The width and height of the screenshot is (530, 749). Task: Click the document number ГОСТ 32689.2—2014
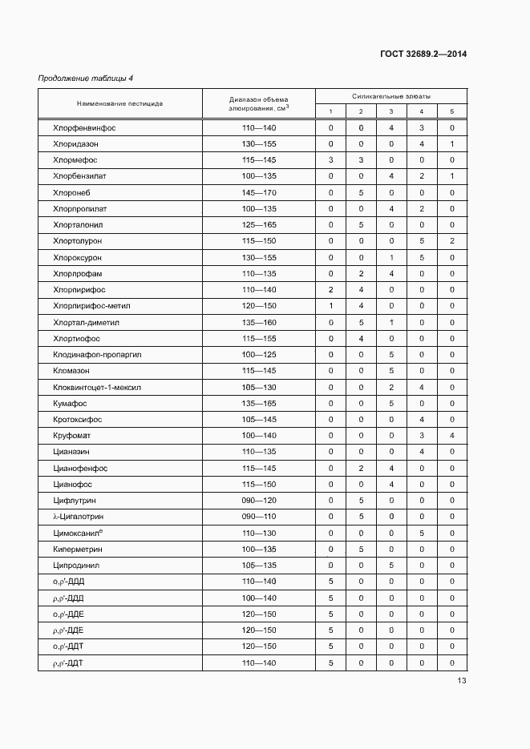pos(423,54)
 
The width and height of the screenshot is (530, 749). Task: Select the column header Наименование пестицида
pos(119,103)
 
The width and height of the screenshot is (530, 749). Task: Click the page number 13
pos(461,681)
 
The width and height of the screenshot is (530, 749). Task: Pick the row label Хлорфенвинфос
pos(79,128)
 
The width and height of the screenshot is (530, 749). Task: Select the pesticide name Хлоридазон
pos(75,144)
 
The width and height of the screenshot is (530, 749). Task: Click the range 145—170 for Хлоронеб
pos(258,192)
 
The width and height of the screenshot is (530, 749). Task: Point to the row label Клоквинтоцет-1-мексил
pos(97,387)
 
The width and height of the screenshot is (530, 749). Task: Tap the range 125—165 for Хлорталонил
pos(258,225)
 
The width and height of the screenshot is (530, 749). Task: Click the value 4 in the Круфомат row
pos(451,435)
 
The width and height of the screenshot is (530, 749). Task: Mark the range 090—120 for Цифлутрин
pos(258,501)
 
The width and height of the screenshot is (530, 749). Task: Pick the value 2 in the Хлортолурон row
pos(451,241)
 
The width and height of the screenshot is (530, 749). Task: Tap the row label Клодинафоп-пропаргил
pos(96,354)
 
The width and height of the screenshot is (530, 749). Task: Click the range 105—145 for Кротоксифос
pos(258,419)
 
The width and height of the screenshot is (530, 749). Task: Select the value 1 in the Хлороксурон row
pos(390,257)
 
